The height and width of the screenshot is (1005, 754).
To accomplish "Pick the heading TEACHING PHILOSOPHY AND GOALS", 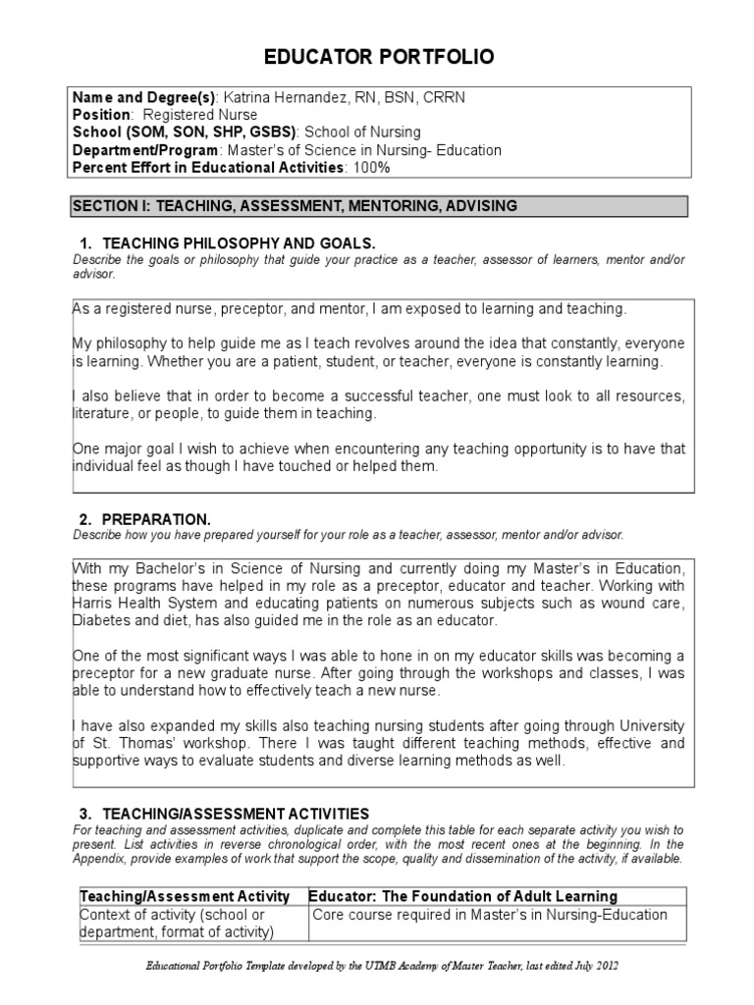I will pos(239,242).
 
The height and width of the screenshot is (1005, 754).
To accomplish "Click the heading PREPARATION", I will pos(156,518).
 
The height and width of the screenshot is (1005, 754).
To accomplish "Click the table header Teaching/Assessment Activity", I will pos(185,896).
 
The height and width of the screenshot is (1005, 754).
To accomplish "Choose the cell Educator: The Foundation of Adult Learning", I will pos(463,896).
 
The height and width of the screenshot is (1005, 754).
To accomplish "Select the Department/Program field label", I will pos(148,149).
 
